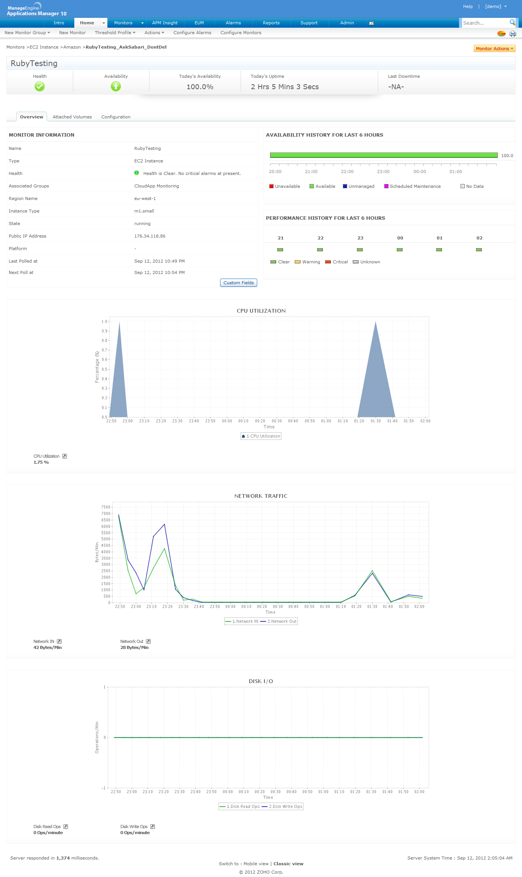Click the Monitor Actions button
click(494, 49)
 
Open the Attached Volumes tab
click(72, 117)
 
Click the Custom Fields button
click(238, 283)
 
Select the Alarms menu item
click(233, 23)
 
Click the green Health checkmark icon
click(39, 87)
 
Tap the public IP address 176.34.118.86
click(150, 236)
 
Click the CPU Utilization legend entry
click(261, 436)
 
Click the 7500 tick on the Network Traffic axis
click(105, 507)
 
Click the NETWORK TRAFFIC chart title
click(261, 496)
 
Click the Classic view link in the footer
click(288, 864)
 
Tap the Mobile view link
click(256, 864)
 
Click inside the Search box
click(484, 23)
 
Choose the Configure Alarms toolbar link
click(192, 33)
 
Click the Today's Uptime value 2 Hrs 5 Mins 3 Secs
click(285, 87)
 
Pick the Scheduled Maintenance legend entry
click(415, 186)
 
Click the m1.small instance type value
click(144, 211)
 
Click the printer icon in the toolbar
click(513, 34)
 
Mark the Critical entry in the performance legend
click(340, 262)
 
